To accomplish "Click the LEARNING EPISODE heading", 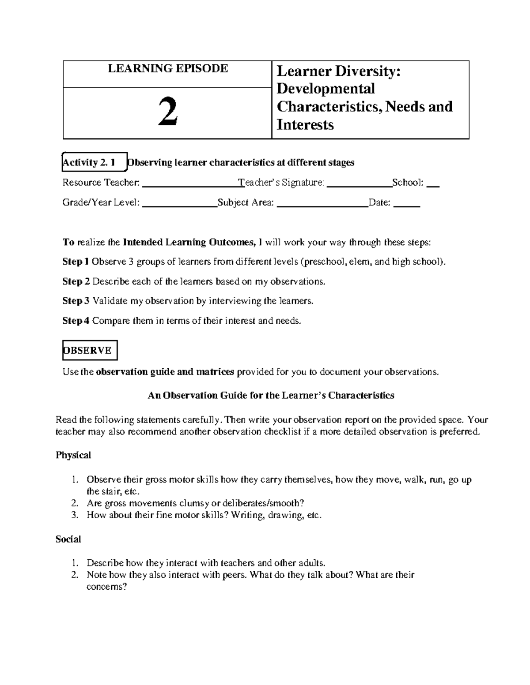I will tap(168, 68).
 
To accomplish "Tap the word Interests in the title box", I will tap(305, 125).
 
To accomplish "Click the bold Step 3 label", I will tap(76, 301).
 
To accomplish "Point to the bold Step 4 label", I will tap(76, 321).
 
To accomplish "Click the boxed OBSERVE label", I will tap(90, 350).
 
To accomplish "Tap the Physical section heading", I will tap(73, 455).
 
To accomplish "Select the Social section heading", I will tap(68, 539).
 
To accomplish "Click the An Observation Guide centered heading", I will tap(271, 395).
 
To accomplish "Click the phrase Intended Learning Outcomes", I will tap(189, 242).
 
